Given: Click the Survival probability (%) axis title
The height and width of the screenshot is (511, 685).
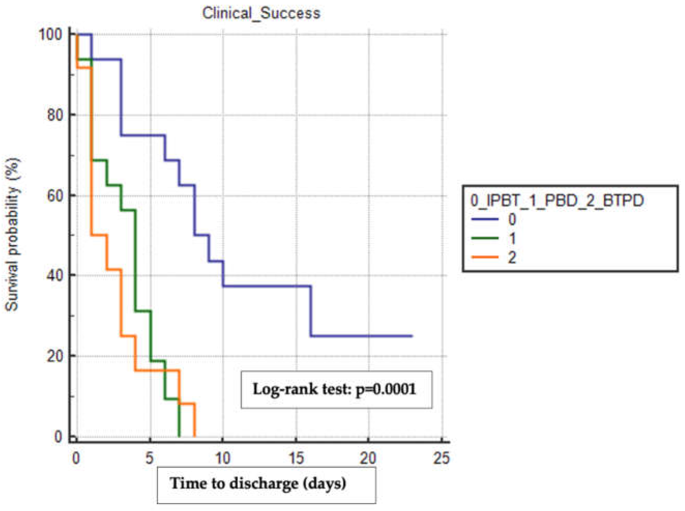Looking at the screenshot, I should [x=12, y=235].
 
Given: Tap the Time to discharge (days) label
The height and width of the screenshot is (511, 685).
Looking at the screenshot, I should [x=258, y=483].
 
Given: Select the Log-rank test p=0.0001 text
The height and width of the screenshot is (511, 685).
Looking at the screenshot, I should [x=334, y=389].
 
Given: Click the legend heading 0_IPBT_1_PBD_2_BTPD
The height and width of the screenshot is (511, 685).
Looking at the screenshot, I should [x=557, y=200].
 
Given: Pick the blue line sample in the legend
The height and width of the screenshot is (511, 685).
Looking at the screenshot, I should [x=485, y=219].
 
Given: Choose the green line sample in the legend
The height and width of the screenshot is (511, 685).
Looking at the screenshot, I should [x=485, y=238].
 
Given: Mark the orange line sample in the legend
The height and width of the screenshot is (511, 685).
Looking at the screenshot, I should [x=485, y=257].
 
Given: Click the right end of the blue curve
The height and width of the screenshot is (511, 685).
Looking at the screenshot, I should [x=412, y=336].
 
